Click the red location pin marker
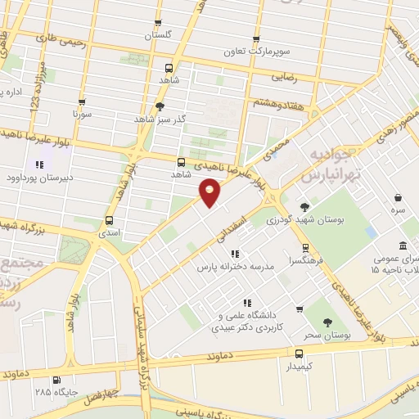210,192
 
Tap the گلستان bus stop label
160,36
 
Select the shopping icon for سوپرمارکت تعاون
256,38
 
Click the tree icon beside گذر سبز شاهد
160,106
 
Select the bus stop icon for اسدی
110,220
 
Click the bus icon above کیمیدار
299,354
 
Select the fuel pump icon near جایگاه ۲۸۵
56,380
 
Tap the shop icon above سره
398,198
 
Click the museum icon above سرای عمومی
403,246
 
